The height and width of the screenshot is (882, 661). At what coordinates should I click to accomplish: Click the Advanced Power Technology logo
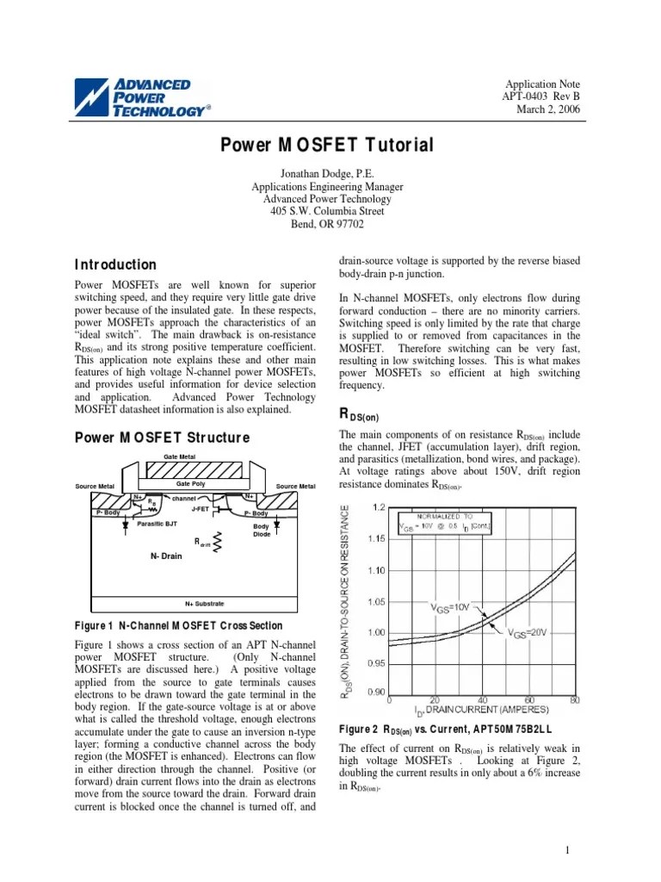click(143, 98)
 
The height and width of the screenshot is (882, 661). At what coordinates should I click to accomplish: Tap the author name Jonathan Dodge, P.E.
click(327, 173)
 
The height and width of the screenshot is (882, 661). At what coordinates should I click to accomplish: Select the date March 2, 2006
click(548, 109)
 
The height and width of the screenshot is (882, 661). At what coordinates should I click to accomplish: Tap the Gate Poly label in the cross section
click(192, 485)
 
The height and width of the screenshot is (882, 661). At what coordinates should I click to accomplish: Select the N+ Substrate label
click(204, 603)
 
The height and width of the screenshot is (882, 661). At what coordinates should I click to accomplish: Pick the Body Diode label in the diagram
click(261, 531)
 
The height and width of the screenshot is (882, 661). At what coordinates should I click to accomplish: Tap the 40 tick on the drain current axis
click(483, 699)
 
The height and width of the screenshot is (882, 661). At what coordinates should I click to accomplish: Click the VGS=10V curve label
click(450, 606)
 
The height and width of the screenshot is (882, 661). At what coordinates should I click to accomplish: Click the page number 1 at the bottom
click(569, 851)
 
